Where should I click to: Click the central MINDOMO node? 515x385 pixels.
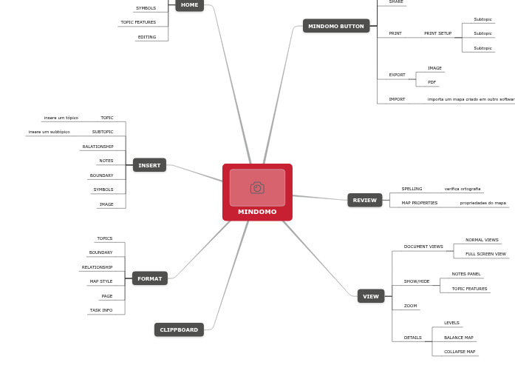[257, 212]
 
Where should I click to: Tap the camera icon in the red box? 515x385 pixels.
[257, 188]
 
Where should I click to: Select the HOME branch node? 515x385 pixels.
[189, 5]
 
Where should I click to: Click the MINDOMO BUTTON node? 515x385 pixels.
[335, 26]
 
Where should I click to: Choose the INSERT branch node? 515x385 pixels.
[149, 165]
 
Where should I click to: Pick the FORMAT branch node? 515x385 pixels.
[149, 278]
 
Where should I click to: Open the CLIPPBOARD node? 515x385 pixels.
[179, 329]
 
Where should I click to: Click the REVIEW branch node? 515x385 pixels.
[364, 200]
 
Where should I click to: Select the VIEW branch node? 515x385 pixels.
[370, 296]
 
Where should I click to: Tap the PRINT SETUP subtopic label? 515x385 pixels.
[437, 33]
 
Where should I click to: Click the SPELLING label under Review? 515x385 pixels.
[412, 189]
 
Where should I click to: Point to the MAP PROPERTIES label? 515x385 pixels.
[419, 203]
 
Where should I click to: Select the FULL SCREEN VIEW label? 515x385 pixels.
[485, 254]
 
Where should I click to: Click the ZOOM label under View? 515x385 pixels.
[410, 306]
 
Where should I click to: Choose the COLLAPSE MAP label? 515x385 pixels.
[459, 352]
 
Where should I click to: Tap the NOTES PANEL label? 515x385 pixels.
[465, 274]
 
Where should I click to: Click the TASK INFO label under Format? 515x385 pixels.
[101, 310]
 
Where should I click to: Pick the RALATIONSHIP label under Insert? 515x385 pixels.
[98, 147]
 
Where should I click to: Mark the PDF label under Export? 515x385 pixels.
[432, 82]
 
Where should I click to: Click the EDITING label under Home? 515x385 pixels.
[146, 37]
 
